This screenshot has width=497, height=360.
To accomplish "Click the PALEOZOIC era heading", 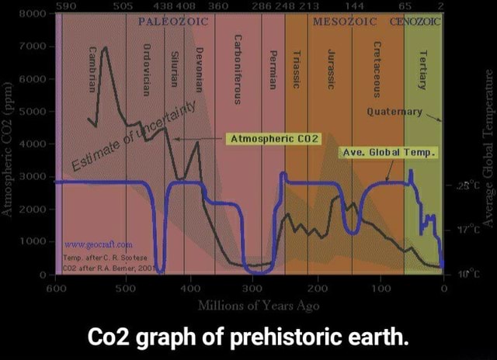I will (171, 21).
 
